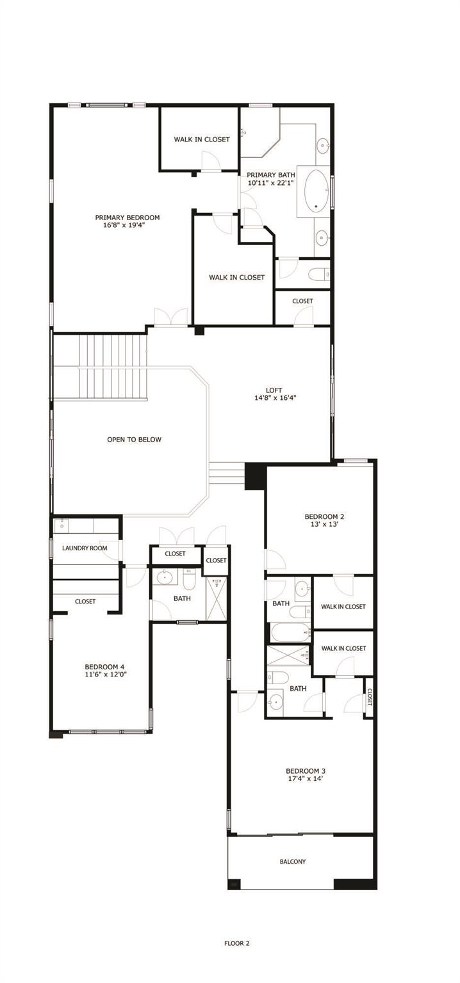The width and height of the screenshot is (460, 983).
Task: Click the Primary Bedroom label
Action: pos(127,217)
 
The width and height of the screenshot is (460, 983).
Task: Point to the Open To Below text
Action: pos(134,440)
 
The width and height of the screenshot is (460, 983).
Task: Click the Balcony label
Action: pos(293,861)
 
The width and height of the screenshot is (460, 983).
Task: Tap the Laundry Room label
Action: pos(85,548)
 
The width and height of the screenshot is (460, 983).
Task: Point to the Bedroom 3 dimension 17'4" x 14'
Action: pos(300,779)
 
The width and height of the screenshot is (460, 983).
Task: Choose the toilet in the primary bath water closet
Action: pos(318,275)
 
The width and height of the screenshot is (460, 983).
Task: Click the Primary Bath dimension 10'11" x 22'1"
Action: pos(271,183)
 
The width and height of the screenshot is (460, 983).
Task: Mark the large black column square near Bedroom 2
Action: pos(255,476)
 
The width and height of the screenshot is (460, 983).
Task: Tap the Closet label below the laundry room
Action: pos(85,602)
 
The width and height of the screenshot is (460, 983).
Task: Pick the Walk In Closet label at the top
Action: pos(202,139)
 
